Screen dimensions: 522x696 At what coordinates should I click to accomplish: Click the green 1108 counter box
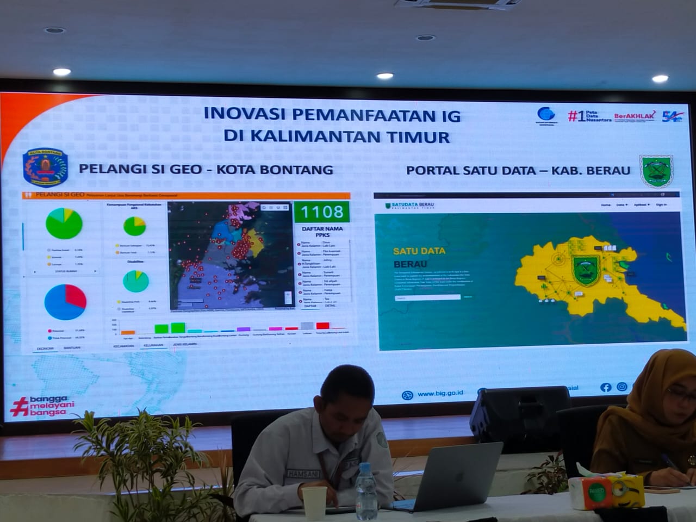[321, 212]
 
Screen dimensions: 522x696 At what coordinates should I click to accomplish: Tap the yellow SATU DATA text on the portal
[419, 251]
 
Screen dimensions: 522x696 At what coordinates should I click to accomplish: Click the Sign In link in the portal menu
[661, 205]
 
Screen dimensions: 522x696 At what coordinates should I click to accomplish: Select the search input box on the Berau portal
[428, 297]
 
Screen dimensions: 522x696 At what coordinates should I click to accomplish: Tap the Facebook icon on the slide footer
[606, 387]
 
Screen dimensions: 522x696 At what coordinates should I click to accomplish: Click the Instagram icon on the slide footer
[622, 387]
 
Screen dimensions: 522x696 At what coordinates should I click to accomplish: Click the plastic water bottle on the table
[366, 495]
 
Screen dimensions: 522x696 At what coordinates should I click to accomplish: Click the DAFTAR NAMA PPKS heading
[322, 232]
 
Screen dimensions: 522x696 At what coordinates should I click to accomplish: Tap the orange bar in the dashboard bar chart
[128, 332]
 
